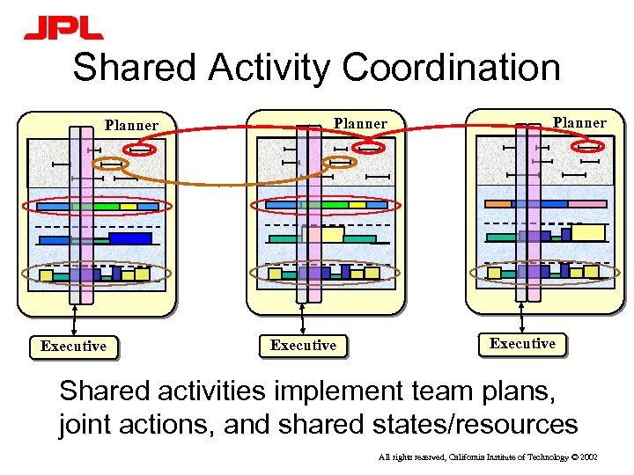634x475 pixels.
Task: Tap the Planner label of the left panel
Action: [131, 125]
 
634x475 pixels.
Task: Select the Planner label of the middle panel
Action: [360, 123]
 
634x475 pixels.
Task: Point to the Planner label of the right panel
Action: [579, 122]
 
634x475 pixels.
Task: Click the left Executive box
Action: [73, 346]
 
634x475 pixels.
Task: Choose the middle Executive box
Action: [303, 345]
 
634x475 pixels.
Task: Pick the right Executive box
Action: [522, 343]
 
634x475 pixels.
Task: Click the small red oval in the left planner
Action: [140, 150]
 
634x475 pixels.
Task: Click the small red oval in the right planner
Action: [590, 148]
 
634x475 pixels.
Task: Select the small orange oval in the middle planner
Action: [340, 162]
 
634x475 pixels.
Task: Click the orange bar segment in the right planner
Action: [498, 203]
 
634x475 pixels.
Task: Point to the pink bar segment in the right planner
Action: [586, 203]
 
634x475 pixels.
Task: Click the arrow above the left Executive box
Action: [74, 319]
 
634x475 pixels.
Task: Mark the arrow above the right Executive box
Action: [523, 316]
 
